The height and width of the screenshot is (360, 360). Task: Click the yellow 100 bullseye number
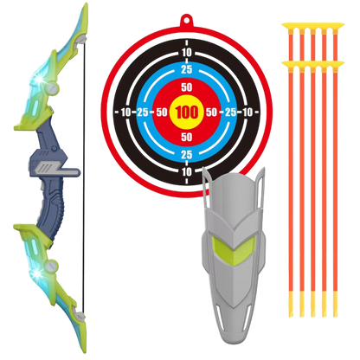coord(187,112)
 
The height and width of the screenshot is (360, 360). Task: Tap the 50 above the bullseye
coord(187,87)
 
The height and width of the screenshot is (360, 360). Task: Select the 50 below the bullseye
coord(187,137)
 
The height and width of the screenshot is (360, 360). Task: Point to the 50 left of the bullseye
coord(162,112)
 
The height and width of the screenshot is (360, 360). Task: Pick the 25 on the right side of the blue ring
coord(231,112)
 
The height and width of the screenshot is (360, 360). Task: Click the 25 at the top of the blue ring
coord(187,69)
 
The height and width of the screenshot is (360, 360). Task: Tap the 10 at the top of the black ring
coord(187,53)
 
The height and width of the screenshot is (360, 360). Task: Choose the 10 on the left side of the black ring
coord(126,112)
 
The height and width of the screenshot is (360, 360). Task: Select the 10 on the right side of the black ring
coord(247,112)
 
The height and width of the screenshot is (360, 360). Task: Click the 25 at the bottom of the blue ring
coord(187,155)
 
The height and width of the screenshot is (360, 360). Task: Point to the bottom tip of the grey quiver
coord(233,343)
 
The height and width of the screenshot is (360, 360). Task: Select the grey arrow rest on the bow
coord(58,170)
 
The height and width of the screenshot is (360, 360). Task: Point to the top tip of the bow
coord(87,4)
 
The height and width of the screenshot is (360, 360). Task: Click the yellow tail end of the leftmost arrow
coord(291,304)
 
